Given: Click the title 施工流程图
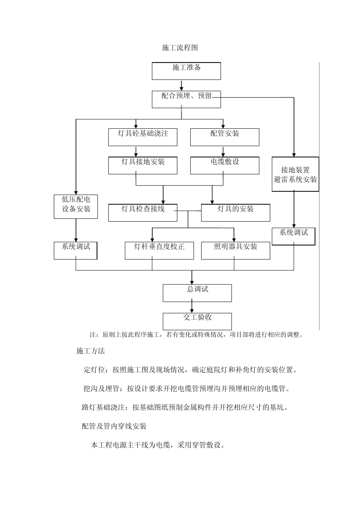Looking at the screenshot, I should [x=180, y=48].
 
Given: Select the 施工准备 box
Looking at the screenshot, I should [x=186, y=71].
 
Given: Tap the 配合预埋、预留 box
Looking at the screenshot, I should [x=186, y=99].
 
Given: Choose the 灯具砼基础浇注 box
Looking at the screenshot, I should [x=142, y=137].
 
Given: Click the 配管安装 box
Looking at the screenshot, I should [x=224, y=137].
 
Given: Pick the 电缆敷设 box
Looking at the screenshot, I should [x=224, y=166].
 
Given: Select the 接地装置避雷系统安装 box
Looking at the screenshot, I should [x=295, y=174].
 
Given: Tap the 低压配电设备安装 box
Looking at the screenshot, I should [x=76, y=206].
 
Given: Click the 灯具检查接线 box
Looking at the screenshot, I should [x=142, y=212].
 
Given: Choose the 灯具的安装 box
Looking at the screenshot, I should [x=235, y=212].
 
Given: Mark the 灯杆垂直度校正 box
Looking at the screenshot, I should [x=160, y=250].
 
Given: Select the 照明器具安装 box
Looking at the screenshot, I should [x=235, y=250].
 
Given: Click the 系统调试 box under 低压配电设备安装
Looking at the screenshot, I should [x=76, y=250].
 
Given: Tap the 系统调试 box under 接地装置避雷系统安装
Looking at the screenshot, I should [x=294, y=236].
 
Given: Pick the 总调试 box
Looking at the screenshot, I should [x=197, y=293].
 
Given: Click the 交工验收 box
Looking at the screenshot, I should [x=197, y=321].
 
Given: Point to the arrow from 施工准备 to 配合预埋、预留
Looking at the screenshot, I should [x=182, y=85].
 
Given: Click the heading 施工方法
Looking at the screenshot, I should [x=91, y=351].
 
